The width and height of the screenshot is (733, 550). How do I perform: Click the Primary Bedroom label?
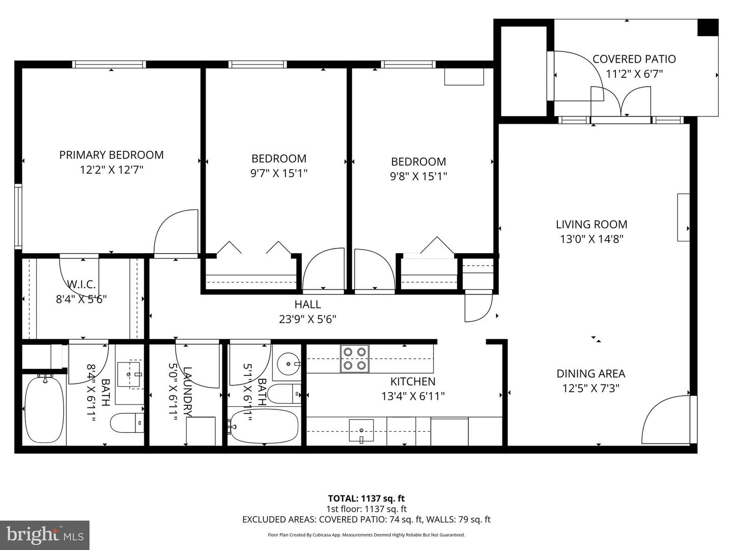coord(111,155)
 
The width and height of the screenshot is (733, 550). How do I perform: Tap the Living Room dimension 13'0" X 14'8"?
coord(591,239)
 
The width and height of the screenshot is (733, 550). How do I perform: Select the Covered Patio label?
coord(634,59)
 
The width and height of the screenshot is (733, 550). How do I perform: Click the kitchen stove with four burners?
coord(354,359)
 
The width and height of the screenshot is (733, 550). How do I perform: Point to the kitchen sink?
coord(361,430)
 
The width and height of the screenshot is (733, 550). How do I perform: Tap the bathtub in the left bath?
coord(45,409)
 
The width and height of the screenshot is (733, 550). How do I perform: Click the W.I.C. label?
coord(81,284)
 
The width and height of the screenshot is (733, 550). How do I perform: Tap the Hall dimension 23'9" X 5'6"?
coord(307,319)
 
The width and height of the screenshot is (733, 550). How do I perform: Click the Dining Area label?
coord(590,373)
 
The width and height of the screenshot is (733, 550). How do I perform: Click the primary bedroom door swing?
coord(176,232)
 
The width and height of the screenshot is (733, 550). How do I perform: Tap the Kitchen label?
coord(412,381)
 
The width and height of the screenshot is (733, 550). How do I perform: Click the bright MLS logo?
coord(45,535)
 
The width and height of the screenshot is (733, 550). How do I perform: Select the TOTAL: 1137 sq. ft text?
coord(366,499)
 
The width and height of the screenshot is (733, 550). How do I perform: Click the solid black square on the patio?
coord(707,28)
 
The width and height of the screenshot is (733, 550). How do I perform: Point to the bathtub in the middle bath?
coord(264,426)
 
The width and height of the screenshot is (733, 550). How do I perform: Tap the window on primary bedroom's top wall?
coord(109,65)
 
